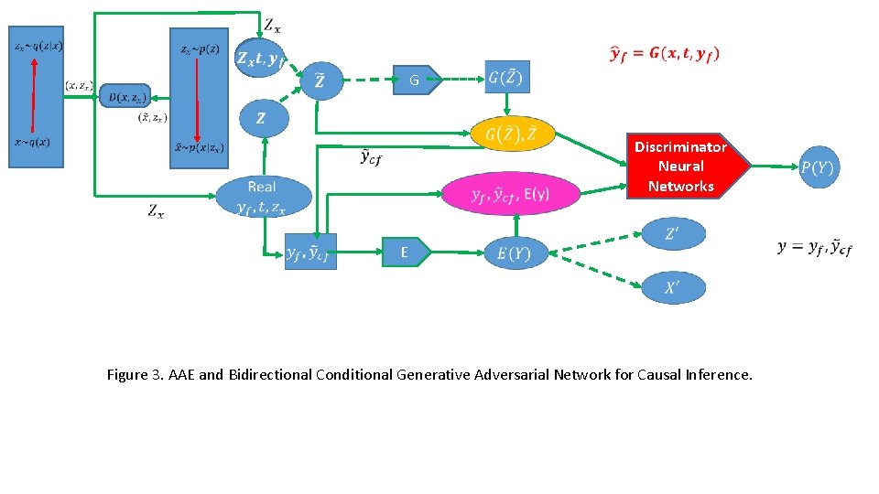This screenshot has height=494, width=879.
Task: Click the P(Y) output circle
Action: (x=818, y=166)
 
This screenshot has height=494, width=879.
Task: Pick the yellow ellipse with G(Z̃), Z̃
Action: (x=512, y=134)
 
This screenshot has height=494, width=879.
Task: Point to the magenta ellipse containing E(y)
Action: (x=511, y=193)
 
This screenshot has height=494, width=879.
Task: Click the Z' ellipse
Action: (x=673, y=233)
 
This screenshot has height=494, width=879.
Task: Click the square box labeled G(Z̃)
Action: (x=507, y=77)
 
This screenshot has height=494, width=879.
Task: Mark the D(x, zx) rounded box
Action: (x=125, y=95)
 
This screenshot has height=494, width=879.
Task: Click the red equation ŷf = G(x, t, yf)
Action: (x=665, y=53)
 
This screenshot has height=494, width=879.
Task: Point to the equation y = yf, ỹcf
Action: (x=815, y=248)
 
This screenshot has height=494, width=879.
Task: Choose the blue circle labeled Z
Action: (x=263, y=118)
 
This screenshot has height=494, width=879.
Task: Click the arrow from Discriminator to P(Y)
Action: (x=775, y=166)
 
